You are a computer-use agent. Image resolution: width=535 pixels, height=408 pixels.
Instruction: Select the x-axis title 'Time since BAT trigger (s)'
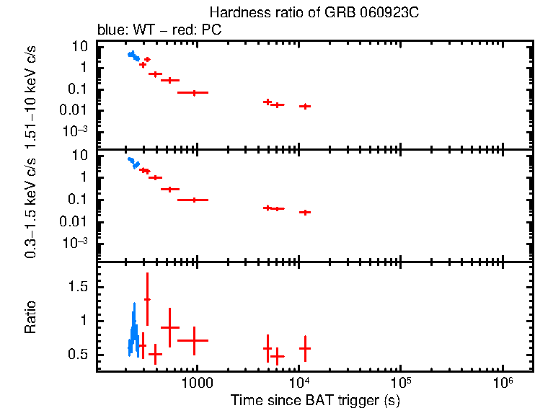(315, 399)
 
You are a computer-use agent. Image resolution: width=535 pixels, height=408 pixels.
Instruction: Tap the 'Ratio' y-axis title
(30, 317)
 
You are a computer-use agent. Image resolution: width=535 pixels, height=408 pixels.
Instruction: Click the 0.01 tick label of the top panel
(75, 110)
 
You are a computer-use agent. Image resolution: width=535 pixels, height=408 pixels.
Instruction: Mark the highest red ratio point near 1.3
(147, 299)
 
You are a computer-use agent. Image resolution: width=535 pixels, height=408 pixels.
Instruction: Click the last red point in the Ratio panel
(305, 348)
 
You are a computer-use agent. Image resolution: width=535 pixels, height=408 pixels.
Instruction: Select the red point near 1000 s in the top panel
(193, 92)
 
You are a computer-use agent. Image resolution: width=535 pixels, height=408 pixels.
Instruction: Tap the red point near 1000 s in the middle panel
(193, 200)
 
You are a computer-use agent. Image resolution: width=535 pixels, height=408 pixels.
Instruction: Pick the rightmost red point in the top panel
(305, 106)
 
